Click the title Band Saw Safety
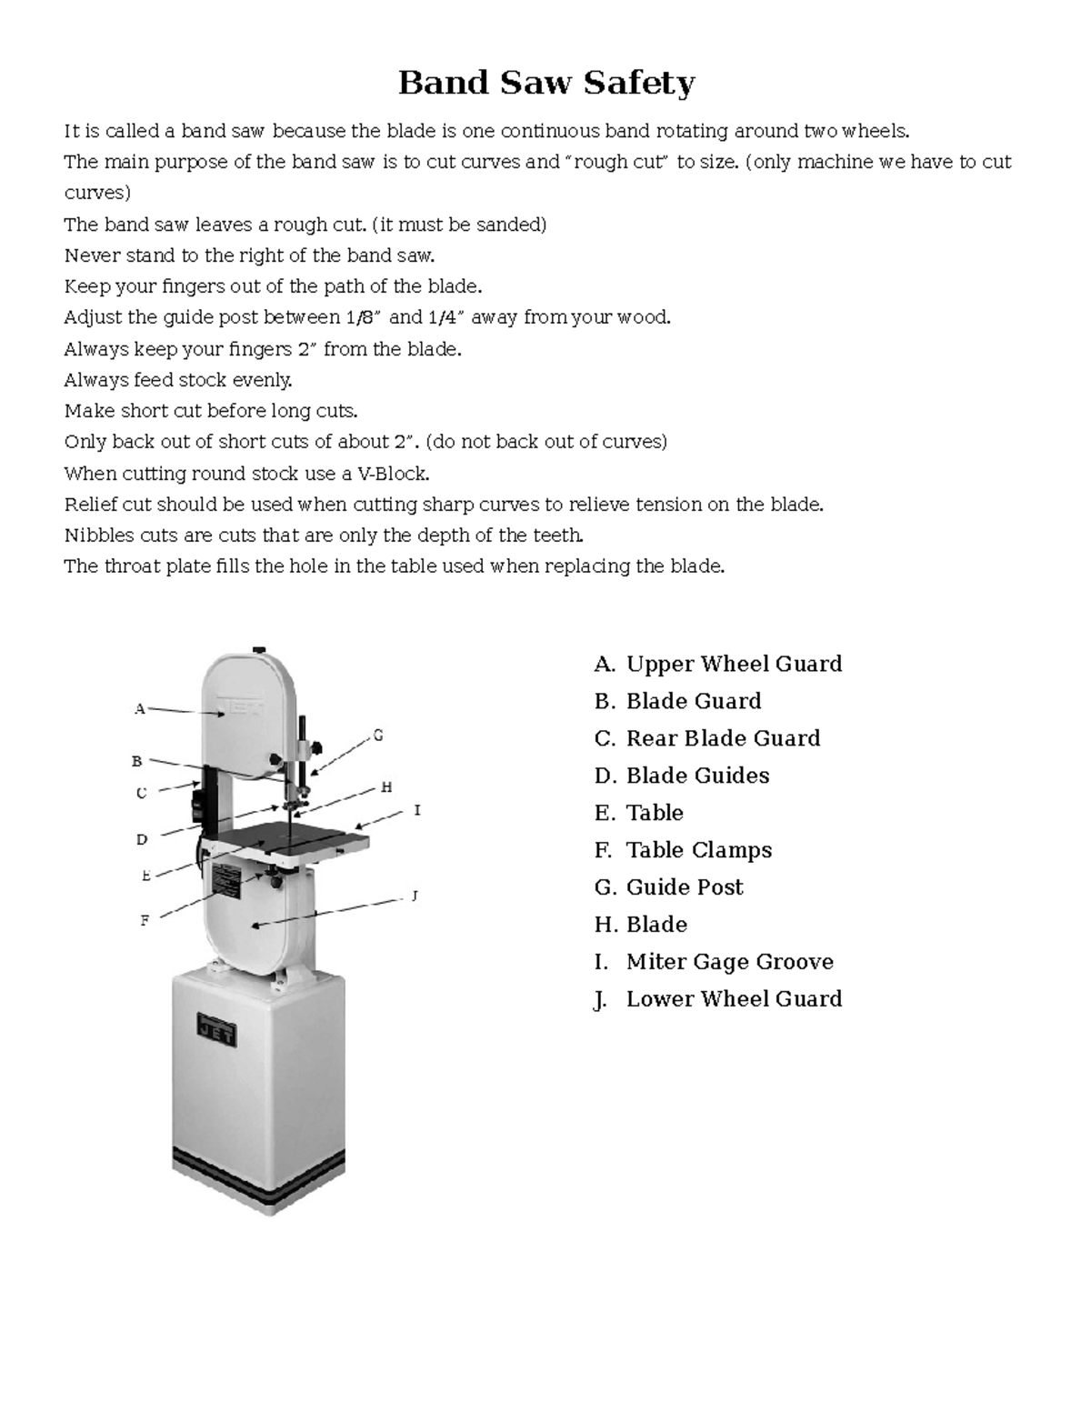pos(546,84)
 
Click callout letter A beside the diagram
pos(139,708)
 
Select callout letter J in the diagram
pos(415,896)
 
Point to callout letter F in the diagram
pos(144,920)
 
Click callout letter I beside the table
pos(417,809)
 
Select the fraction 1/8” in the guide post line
pos(365,317)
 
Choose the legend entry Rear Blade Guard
pos(723,738)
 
